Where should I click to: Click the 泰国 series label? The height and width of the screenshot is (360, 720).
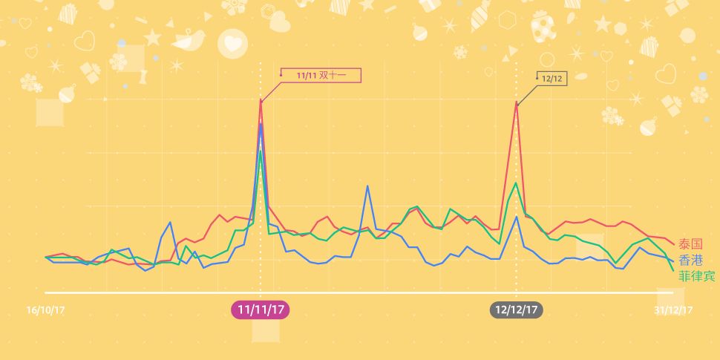[x=690, y=244]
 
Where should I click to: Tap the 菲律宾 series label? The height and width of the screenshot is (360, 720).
[x=697, y=275]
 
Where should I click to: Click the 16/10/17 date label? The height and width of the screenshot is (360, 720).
[x=45, y=310]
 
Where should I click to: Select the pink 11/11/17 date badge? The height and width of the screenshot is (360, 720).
[x=261, y=310]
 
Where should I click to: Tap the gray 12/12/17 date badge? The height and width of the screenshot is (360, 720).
[x=516, y=310]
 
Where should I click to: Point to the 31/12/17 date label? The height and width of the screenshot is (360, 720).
[x=674, y=310]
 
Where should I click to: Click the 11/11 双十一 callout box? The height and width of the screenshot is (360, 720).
[x=320, y=74]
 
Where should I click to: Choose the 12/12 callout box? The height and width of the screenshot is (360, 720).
[x=552, y=78]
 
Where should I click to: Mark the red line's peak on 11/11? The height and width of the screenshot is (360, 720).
[x=261, y=99]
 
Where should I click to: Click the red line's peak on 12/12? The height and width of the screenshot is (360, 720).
[x=517, y=102]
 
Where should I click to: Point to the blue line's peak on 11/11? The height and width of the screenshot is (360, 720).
[x=261, y=123]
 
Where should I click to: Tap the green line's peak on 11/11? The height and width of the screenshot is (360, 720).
[x=261, y=151]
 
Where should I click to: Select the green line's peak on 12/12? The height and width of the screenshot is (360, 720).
[x=517, y=182]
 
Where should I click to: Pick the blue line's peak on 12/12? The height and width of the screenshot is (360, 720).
[x=517, y=216]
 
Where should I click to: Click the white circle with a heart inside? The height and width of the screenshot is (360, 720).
[x=232, y=43]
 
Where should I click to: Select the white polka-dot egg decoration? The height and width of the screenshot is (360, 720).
[x=542, y=27]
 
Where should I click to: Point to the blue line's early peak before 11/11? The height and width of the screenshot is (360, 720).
[x=171, y=222]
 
